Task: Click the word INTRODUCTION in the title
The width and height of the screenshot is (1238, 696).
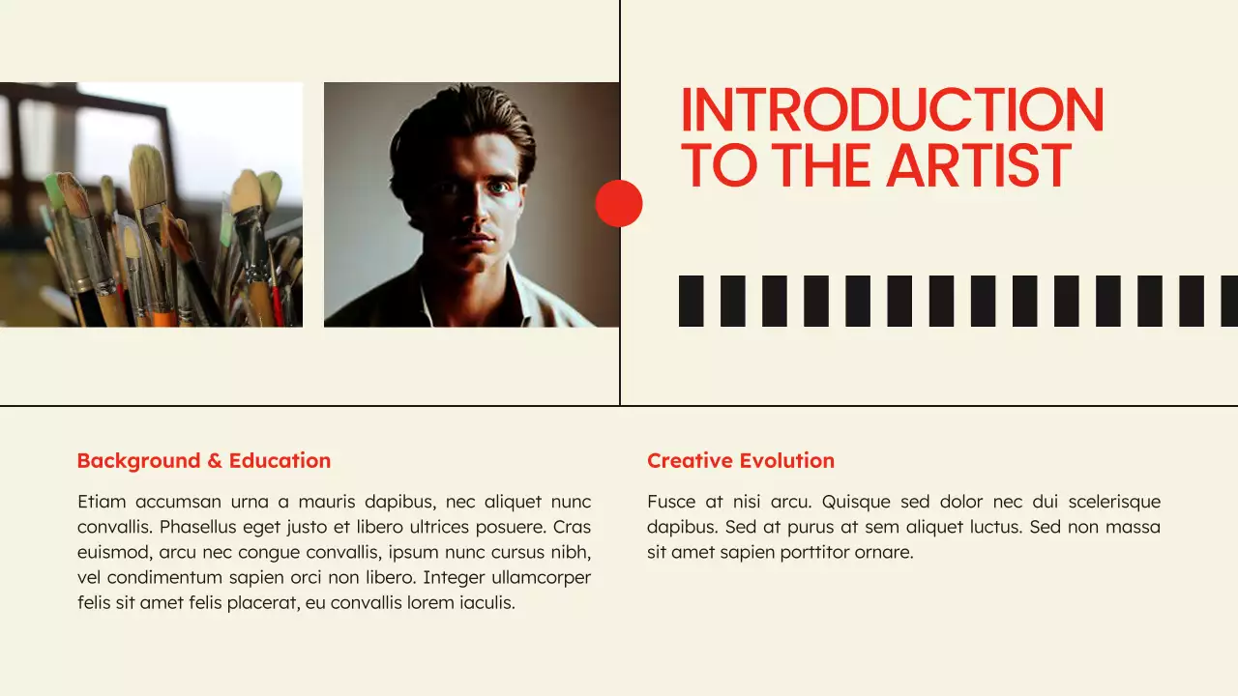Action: (x=892, y=110)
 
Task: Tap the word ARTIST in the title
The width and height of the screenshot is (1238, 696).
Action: (x=979, y=165)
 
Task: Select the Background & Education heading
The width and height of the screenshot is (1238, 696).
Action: (x=203, y=461)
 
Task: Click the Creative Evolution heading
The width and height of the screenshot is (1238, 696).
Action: (x=740, y=461)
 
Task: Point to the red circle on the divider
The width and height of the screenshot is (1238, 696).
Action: (x=619, y=203)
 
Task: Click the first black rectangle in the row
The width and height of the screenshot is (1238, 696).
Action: (x=691, y=301)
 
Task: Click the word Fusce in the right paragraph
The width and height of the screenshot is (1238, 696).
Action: (x=671, y=502)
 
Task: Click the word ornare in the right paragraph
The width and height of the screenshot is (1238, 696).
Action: (x=884, y=553)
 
